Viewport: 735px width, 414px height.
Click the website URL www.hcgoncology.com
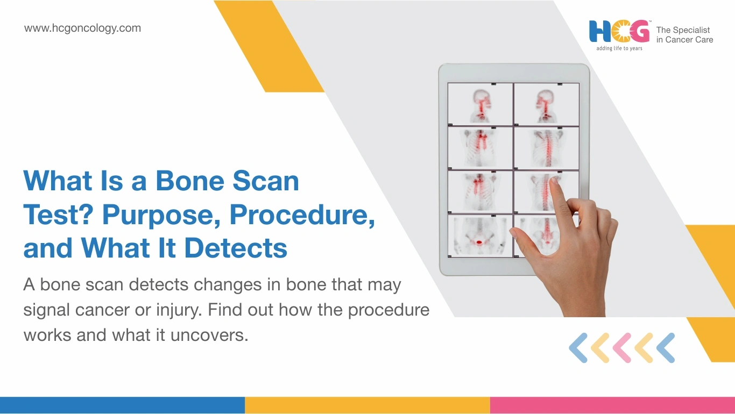[82, 28]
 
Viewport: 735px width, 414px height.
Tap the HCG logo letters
[619, 31]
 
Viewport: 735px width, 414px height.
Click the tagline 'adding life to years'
[619, 48]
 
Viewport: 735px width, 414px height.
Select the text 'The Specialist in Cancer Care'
[684, 35]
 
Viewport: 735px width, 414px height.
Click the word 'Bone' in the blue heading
[189, 181]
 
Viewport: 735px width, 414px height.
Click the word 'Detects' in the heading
[236, 248]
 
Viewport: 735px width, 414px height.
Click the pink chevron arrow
[622, 348]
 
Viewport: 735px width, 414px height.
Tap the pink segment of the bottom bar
[612, 405]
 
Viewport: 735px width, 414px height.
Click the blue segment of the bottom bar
[122, 405]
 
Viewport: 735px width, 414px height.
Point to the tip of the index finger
[555, 179]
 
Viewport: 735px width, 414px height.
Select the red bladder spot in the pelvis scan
[479, 242]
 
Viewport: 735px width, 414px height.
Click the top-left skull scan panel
[480, 104]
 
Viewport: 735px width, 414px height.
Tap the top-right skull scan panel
[547, 104]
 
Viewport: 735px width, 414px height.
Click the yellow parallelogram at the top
[269, 46]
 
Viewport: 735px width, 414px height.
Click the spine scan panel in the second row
[547, 148]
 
